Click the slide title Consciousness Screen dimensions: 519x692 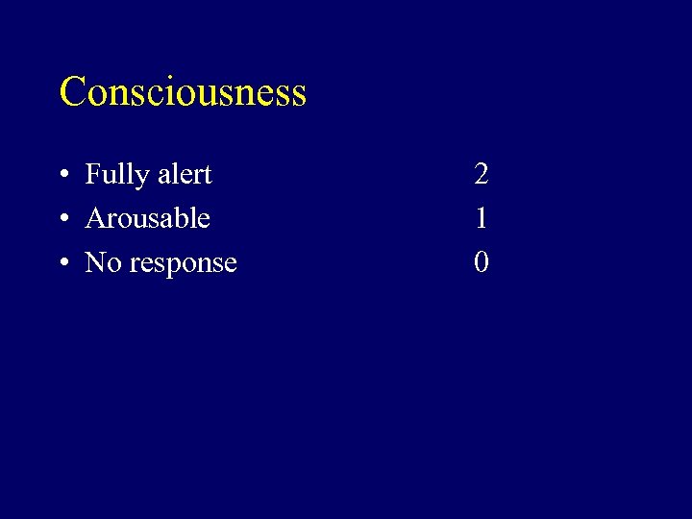[183, 92]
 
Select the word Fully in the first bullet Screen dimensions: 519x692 [116, 175]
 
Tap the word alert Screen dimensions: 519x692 [184, 175]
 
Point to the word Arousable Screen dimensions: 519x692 [147, 218]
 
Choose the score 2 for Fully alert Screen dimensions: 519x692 [482, 174]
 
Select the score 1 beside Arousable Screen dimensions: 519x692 [482, 218]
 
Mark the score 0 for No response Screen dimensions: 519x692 [482, 262]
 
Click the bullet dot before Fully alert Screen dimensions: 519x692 [62, 175]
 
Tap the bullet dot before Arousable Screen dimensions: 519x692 [62, 219]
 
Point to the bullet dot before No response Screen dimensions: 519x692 [62, 263]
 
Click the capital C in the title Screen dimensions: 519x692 [72, 92]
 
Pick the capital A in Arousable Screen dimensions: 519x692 [95, 218]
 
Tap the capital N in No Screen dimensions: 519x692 [94, 262]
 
